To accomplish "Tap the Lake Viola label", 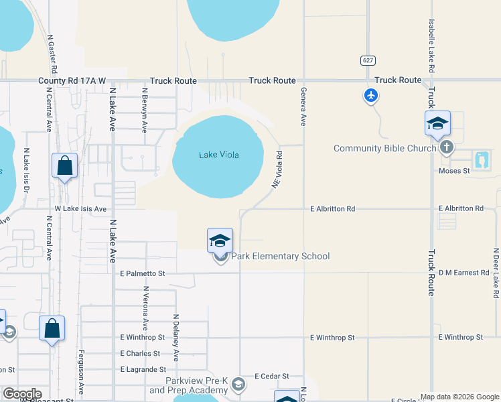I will click(219, 155).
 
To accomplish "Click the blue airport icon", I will click(370, 96).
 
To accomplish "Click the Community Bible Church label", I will click(384, 148).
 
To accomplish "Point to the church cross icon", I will click(446, 147).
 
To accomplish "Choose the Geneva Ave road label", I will click(303, 107).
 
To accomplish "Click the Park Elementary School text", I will click(281, 256).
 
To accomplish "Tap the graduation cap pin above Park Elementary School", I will click(220, 240).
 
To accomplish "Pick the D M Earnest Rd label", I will click(464, 273).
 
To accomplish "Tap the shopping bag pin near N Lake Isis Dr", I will click(64, 165).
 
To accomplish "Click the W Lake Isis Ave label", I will click(81, 209).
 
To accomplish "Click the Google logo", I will click(21, 394).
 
